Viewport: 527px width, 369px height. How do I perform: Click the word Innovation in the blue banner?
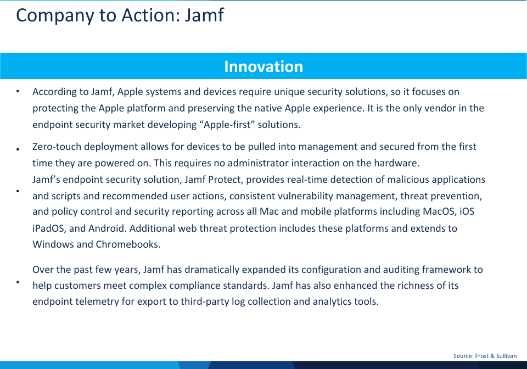tap(263, 66)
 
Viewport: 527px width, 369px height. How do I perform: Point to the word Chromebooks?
tap(128, 244)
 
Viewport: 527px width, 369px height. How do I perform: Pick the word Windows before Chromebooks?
tap(53, 244)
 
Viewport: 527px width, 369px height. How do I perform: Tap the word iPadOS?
tap(48, 228)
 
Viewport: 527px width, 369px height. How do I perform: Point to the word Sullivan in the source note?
tap(507, 356)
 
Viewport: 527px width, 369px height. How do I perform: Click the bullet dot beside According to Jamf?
tap(18, 91)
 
